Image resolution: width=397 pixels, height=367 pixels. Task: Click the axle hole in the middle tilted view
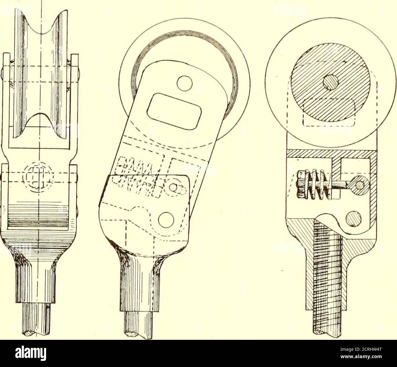pyautogui.click(x=185, y=83)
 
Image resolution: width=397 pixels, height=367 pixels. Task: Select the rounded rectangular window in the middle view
pyautogui.click(x=174, y=111)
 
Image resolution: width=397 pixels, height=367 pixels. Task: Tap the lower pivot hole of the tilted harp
pyautogui.click(x=166, y=220)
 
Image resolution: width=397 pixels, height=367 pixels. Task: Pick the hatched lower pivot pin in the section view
pyautogui.click(x=353, y=219)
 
